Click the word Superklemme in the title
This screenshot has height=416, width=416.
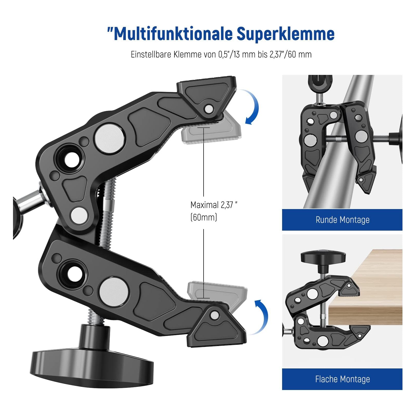(x=285, y=34)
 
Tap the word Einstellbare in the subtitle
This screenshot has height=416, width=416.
(x=151, y=54)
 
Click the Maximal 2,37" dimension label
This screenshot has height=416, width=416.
(x=214, y=205)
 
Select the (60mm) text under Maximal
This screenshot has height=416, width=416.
(x=204, y=217)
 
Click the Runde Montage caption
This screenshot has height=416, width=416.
(x=342, y=220)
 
